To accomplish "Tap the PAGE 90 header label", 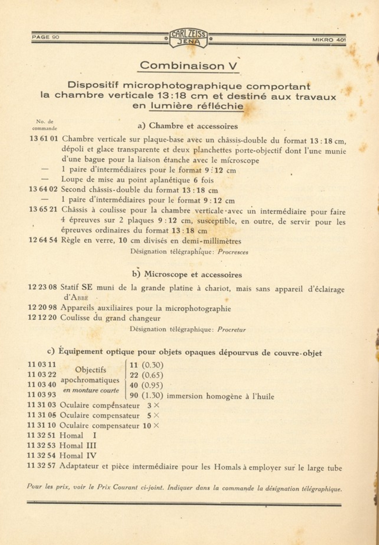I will tap(45, 37).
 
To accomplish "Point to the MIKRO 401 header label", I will tap(329, 40).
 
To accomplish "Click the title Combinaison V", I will tap(189, 65).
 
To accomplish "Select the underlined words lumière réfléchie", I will tap(197, 106).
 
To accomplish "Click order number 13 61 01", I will tap(44, 138).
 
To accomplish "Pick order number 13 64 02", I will tap(43, 189).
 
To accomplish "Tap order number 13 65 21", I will tap(43, 209).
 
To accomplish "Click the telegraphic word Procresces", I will tap(233, 252).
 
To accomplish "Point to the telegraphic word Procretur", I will tap(231, 330).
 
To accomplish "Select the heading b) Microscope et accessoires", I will tap(187, 275).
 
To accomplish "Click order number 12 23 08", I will tap(43, 287).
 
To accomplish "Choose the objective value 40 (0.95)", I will tap(146, 385).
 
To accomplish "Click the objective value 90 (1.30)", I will tap(146, 395).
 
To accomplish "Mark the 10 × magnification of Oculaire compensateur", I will tap(151, 426).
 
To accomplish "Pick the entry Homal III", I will tap(78, 446).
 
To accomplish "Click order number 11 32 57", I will tap(41, 466).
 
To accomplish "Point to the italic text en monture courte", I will tap(91, 390).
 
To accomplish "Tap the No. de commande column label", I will tap(45, 125).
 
